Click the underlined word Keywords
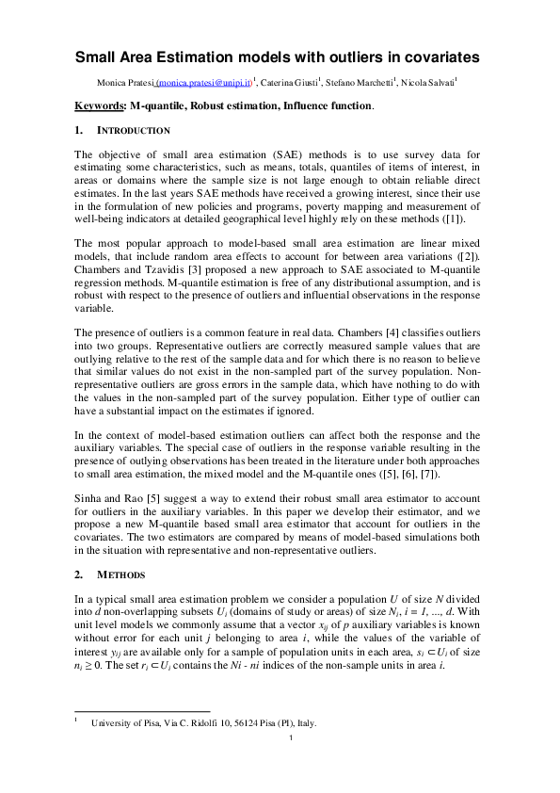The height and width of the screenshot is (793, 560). pos(99,106)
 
